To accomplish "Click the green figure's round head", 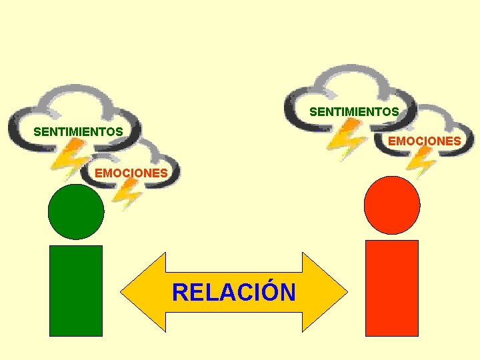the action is pyautogui.click(x=76, y=211).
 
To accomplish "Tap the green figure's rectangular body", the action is pyautogui.click(x=76, y=290).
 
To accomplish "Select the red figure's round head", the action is pyautogui.click(x=393, y=205).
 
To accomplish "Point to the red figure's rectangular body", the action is pyautogui.click(x=392, y=287).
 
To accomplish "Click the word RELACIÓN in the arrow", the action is pyautogui.click(x=233, y=292).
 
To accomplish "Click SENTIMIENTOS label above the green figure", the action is pyautogui.click(x=78, y=131).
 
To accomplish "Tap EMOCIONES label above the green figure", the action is pyautogui.click(x=131, y=173).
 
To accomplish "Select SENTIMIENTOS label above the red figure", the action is pyautogui.click(x=354, y=111).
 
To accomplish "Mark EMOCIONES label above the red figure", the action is pyautogui.click(x=424, y=141).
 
